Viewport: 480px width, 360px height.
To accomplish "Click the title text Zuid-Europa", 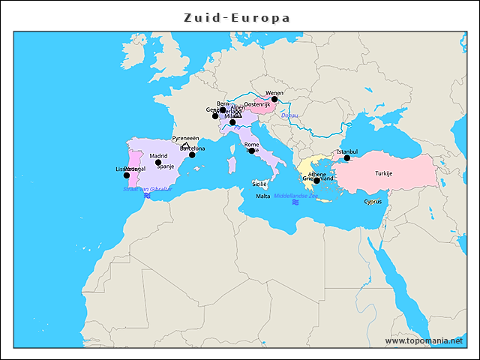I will (238, 18).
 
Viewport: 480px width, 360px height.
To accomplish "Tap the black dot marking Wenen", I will (274, 99).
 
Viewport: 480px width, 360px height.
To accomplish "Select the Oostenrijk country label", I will (257, 104).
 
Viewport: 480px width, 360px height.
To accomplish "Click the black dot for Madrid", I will (158, 162).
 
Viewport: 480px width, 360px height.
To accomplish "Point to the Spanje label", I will (165, 166).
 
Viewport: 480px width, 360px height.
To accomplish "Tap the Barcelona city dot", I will (192, 154).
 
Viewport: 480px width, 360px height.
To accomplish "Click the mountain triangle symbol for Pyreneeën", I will (186, 145).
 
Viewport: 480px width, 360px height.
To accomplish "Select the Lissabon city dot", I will (126, 175).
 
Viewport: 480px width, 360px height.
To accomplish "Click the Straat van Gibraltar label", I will (148, 189).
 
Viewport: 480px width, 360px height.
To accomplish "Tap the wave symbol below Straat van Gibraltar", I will (148, 196).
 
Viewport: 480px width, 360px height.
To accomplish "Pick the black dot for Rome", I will (251, 151).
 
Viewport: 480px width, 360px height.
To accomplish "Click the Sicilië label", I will (259, 184).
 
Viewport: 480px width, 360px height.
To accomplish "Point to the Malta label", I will (262, 196).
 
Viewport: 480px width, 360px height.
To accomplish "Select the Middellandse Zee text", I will (295, 196).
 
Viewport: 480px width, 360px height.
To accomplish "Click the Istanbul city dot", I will (346, 158).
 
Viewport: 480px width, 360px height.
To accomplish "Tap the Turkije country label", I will (384, 173).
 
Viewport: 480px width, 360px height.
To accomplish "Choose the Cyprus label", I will (373, 201).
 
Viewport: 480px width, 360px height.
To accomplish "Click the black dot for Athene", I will (316, 181).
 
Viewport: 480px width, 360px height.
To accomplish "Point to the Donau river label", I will (289, 115).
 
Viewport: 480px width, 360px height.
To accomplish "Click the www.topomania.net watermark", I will (424, 340).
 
